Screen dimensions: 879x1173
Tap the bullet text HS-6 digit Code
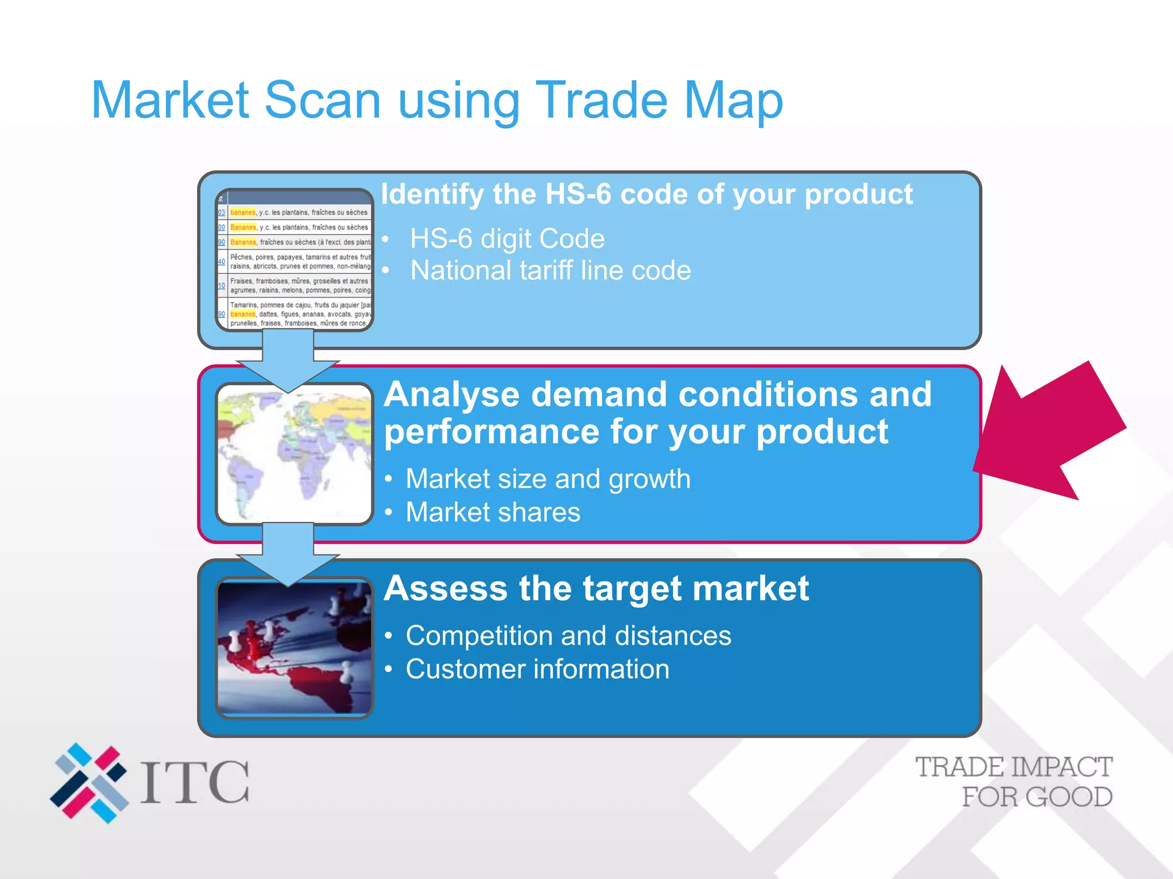point(507,239)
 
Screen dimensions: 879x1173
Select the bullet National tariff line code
point(550,271)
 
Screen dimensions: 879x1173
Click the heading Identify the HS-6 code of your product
point(646,194)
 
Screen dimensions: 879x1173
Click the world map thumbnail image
point(294,454)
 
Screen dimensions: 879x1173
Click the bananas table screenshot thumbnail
point(294,260)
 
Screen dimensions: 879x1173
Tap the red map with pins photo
point(294,648)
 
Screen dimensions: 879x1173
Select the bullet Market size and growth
point(548,479)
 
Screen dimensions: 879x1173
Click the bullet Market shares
point(493,512)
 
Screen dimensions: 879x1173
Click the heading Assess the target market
point(596,588)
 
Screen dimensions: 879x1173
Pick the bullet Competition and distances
point(568,636)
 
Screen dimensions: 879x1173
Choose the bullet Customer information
point(537,669)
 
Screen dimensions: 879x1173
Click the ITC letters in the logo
point(195,783)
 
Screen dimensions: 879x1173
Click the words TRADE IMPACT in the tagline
point(1013,767)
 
